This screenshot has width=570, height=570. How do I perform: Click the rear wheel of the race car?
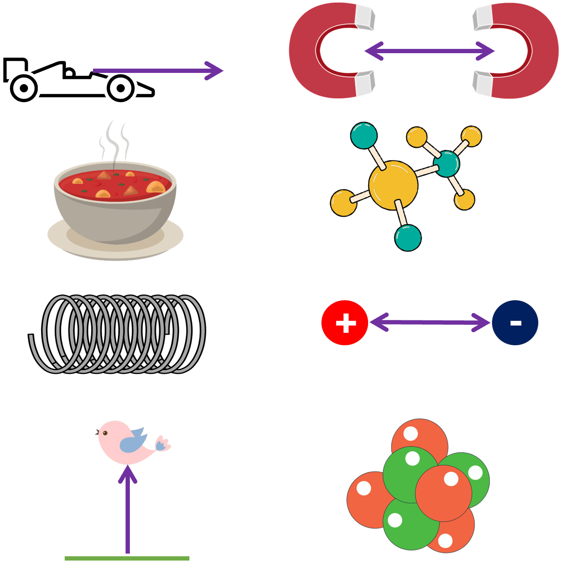(x=24, y=88)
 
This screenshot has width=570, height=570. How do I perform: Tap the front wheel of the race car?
(x=121, y=88)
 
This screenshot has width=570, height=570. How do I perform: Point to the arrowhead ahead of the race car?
(x=214, y=71)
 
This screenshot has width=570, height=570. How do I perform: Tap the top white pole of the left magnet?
(x=364, y=18)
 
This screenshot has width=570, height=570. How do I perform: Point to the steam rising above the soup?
(x=114, y=142)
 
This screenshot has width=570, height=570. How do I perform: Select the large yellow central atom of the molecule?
(x=393, y=185)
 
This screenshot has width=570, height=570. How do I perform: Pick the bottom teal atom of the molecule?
(x=408, y=238)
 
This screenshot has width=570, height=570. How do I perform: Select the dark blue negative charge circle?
(x=515, y=323)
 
